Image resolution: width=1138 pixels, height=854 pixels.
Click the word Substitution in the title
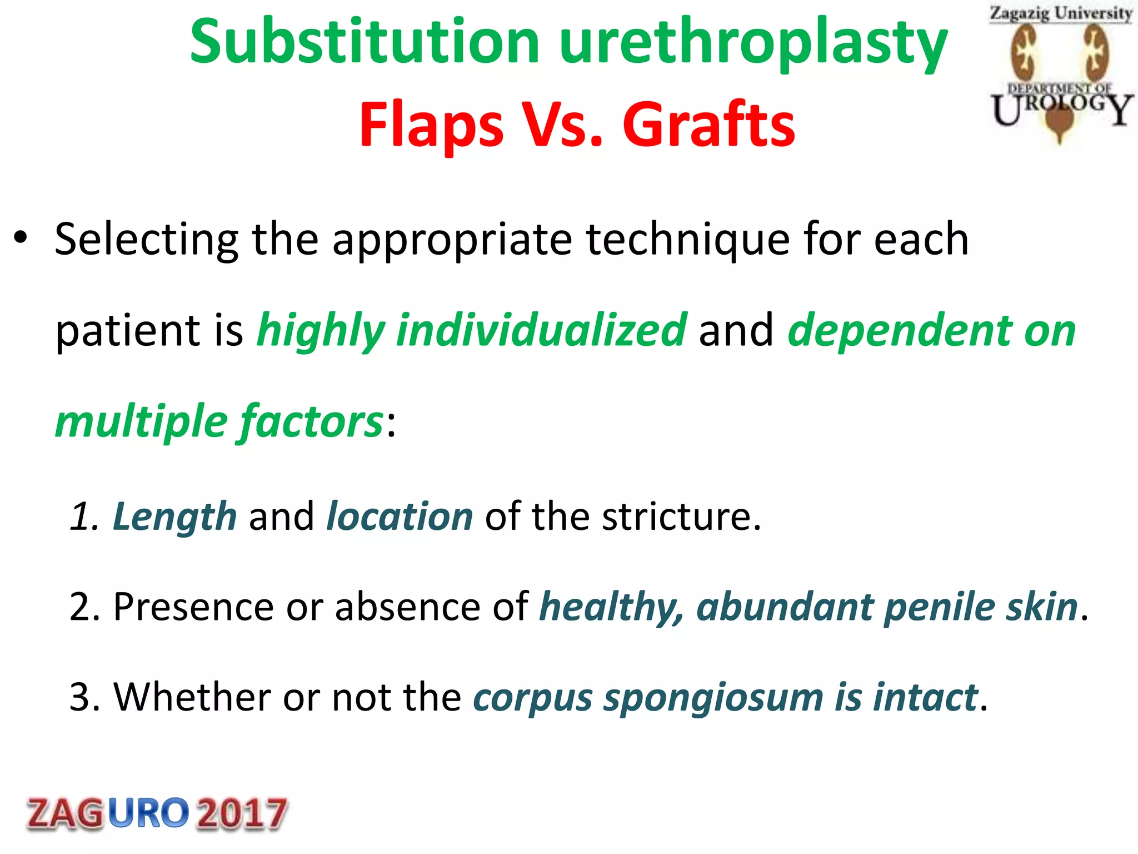[365, 42]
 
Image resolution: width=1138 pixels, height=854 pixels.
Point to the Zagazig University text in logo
[1060, 13]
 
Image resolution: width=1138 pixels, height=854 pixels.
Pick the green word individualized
[542, 330]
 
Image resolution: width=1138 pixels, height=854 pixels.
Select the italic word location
[400, 516]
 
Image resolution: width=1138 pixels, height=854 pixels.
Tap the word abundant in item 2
[785, 607]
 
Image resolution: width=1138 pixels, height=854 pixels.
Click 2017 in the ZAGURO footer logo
[242, 813]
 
